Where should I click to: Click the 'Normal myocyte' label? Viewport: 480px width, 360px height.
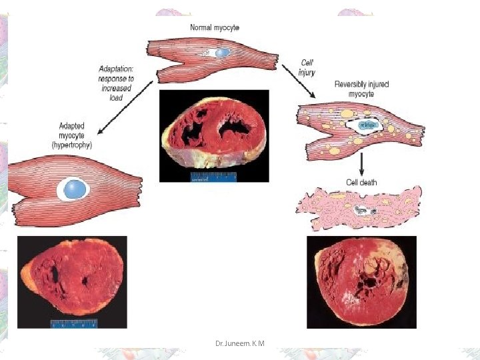(x=215, y=27)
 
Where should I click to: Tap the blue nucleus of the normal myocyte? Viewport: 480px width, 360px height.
(x=223, y=53)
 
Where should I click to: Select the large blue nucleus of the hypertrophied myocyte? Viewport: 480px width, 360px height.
(x=75, y=189)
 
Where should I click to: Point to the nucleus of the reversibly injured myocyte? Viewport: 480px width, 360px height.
(x=367, y=125)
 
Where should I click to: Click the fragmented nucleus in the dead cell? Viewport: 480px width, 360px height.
(x=365, y=211)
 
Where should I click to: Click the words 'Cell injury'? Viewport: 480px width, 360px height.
(x=307, y=67)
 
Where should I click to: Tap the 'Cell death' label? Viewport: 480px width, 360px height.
(x=361, y=183)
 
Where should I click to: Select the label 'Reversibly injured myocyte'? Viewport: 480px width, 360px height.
(x=361, y=89)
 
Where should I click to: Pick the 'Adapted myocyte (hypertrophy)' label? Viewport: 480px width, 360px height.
(x=71, y=135)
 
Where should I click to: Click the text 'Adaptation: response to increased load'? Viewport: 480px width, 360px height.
(x=116, y=83)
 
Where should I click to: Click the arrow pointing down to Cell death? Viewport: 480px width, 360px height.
(x=361, y=165)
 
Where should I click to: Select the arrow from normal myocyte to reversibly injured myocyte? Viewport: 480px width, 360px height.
(x=299, y=81)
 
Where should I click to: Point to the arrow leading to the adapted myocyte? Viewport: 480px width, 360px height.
(x=125, y=107)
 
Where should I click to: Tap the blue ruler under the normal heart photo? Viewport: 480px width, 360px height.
(x=214, y=177)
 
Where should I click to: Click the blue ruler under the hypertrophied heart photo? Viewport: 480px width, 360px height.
(x=74, y=324)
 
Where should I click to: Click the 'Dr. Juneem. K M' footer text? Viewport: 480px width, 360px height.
(x=240, y=343)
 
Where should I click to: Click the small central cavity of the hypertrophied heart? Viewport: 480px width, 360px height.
(x=85, y=281)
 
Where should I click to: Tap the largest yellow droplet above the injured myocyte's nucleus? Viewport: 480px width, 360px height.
(x=347, y=113)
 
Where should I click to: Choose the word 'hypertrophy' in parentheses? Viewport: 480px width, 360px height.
(x=71, y=145)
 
